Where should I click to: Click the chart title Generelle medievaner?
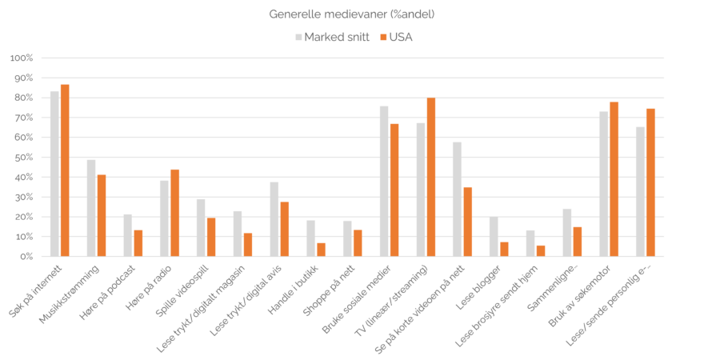pyautogui.click(x=351, y=14)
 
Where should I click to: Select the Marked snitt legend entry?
pyautogui.click(x=333, y=37)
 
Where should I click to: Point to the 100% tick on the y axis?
pyautogui.click(x=21, y=58)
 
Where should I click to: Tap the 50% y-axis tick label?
pyautogui.click(x=22, y=158)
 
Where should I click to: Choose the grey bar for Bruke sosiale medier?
pyautogui.click(x=384, y=181)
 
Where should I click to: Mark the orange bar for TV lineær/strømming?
pyautogui.click(x=431, y=177)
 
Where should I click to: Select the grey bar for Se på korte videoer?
pyautogui.click(x=457, y=199)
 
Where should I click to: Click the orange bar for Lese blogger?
pyautogui.click(x=505, y=249)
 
